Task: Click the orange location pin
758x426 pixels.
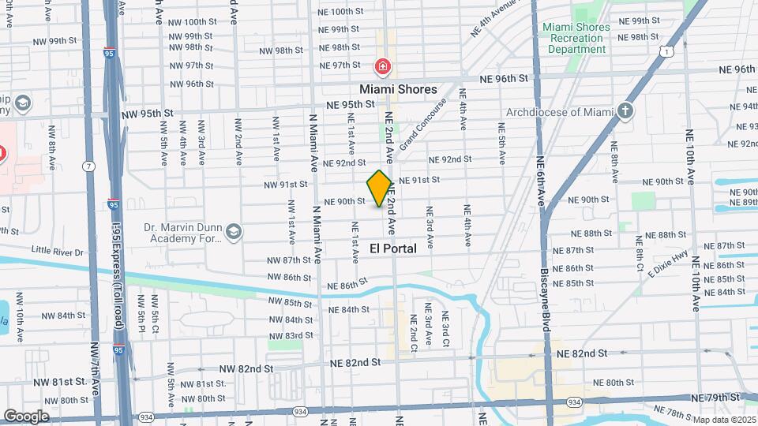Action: pyautogui.click(x=380, y=189)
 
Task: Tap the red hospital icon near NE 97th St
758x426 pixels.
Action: pyautogui.click(x=383, y=67)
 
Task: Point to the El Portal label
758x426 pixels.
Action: pyautogui.click(x=393, y=248)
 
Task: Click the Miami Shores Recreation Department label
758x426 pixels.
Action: pyautogui.click(x=576, y=38)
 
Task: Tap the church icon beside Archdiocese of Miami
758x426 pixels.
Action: pyautogui.click(x=626, y=111)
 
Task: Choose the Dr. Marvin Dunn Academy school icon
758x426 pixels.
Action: pyautogui.click(x=233, y=232)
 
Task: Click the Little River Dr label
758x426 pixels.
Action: pyautogui.click(x=58, y=252)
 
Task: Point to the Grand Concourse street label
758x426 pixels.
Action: pyautogui.click(x=423, y=124)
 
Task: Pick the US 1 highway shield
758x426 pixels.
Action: pyautogui.click(x=668, y=51)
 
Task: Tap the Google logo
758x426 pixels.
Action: pyautogui.click(x=25, y=416)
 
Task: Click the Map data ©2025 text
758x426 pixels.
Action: pyautogui.click(x=723, y=419)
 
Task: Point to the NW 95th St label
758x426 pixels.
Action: pyautogui.click(x=148, y=113)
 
